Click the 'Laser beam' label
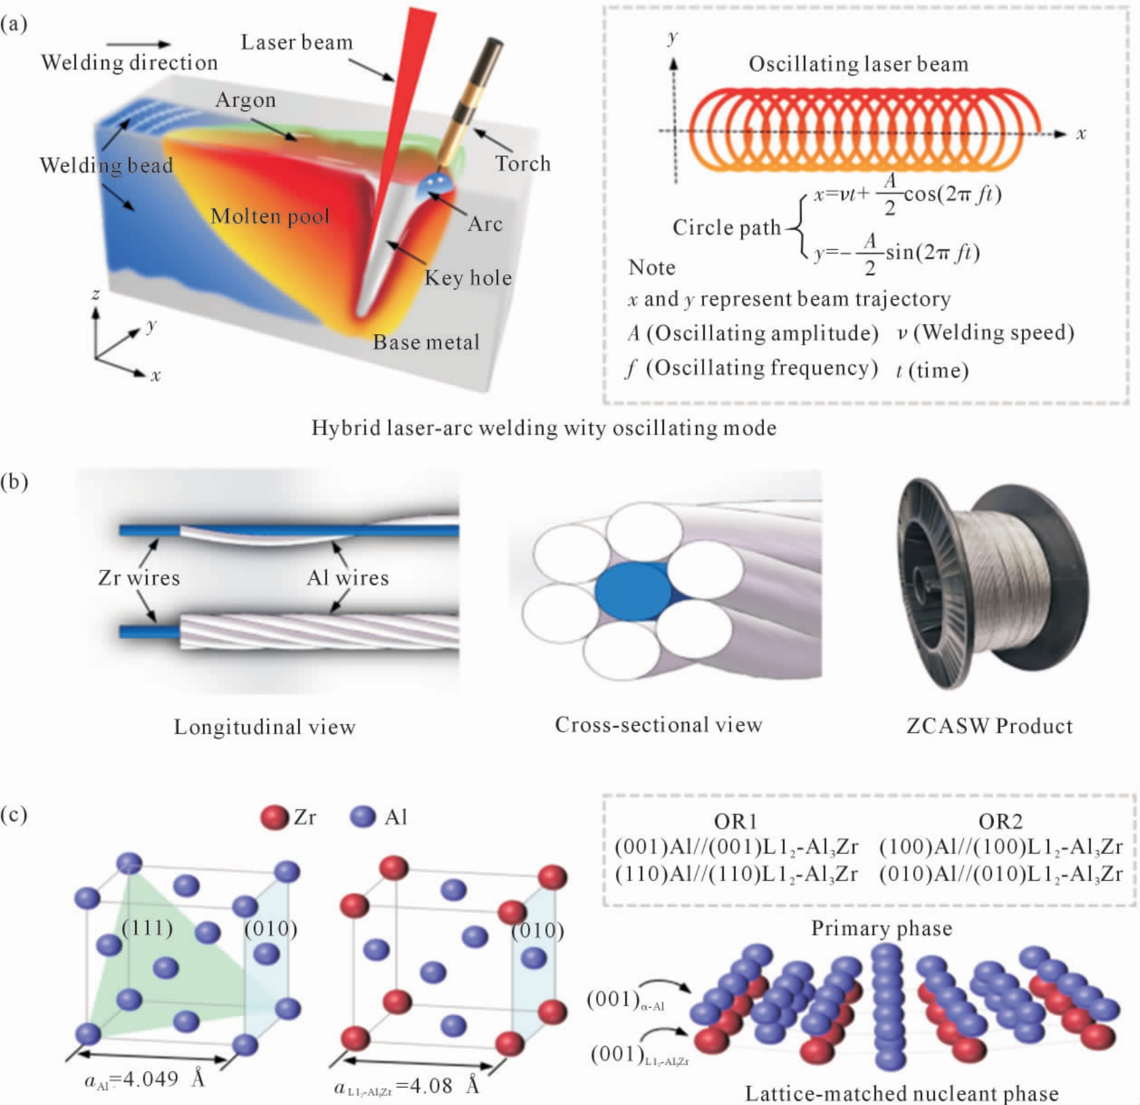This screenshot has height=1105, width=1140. (x=297, y=42)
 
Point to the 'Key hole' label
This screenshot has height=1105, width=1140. (x=468, y=277)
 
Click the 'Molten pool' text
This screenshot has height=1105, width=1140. (x=270, y=216)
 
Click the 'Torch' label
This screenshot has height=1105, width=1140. (x=522, y=164)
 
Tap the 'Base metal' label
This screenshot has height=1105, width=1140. (x=426, y=342)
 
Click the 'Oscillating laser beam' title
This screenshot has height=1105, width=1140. (x=858, y=64)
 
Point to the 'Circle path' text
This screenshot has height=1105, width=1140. (x=727, y=228)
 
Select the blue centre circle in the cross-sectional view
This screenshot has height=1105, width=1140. (x=631, y=591)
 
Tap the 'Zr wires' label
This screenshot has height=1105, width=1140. (x=139, y=578)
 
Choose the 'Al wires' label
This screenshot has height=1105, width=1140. (x=348, y=578)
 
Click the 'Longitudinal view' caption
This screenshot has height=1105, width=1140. (x=265, y=727)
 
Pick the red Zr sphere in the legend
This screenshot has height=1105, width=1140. (x=274, y=816)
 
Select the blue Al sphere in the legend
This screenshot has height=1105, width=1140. (x=363, y=816)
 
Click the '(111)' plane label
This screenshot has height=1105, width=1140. (x=147, y=927)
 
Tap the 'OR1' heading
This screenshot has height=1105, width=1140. (x=735, y=822)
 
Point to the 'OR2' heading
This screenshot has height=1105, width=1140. (x=1000, y=822)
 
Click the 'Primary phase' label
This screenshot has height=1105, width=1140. (x=881, y=928)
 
